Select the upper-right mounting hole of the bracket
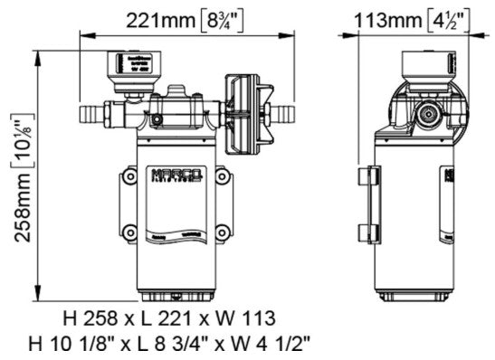(220, 178)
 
